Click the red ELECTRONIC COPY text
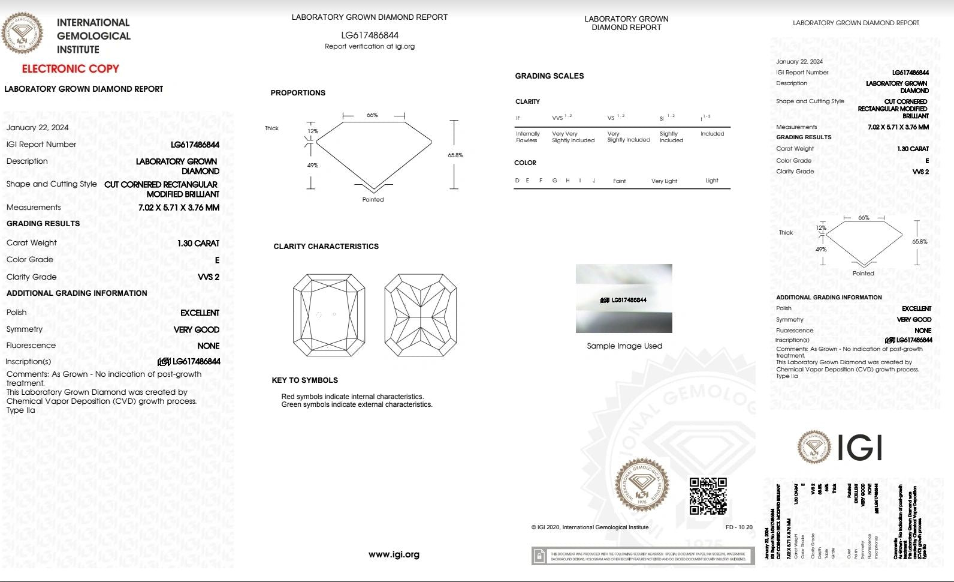[71, 68]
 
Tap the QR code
[708, 496]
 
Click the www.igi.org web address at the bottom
[394, 554]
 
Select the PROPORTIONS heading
[298, 93]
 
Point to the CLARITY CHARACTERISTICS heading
[326, 247]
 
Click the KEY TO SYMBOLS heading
[304, 380]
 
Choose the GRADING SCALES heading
[549, 76]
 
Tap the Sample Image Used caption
[624, 346]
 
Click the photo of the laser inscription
[624, 298]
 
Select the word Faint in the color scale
[619, 181]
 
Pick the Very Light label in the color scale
[664, 181]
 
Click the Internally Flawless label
[527, 137]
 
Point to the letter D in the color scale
[517, 181]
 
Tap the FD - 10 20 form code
[739, 527]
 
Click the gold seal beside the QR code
[642, 485]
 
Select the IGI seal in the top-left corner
[22, 33]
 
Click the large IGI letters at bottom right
[859, 447]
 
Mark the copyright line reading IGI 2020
[590, 527]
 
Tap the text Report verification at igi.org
[369, 46]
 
